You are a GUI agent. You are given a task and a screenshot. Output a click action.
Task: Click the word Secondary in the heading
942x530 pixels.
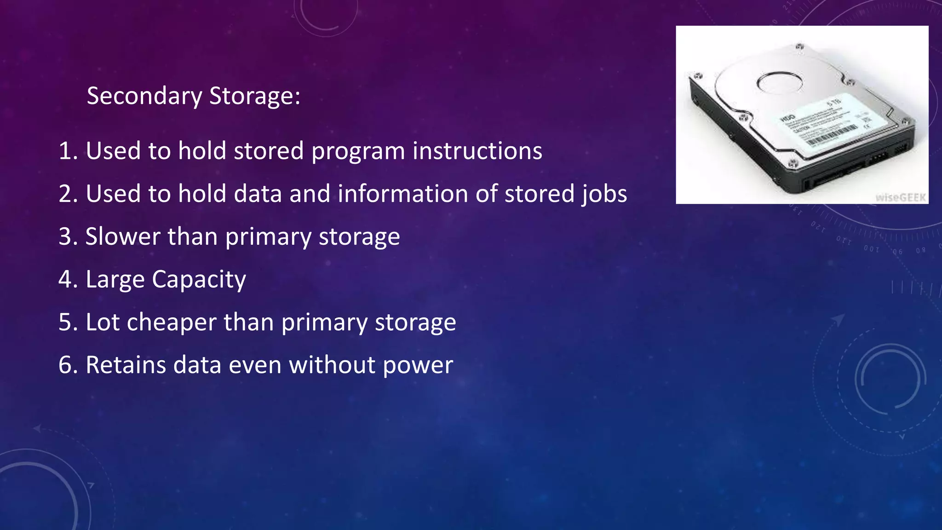[144, 96]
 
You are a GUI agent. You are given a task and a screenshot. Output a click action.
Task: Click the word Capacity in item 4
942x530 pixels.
[199, 280]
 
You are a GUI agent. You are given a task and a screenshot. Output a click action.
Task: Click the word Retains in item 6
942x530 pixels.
[126, 365]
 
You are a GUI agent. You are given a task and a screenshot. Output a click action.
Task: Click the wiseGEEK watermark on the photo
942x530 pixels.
[901, 197]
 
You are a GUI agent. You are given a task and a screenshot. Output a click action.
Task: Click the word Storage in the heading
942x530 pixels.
[254, 96]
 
